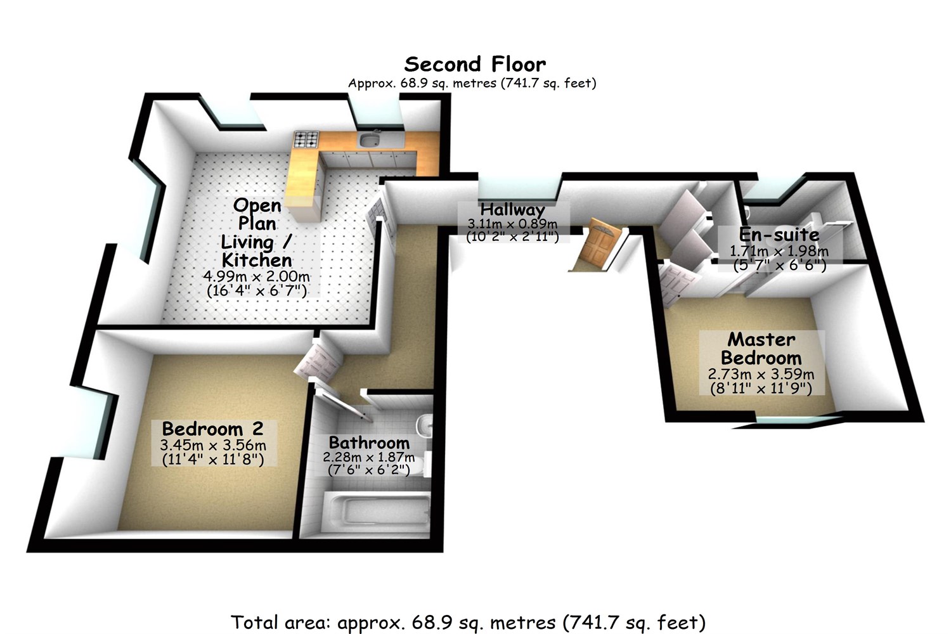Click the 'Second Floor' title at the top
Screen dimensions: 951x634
tap(475, 64)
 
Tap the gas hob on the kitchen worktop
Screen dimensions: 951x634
tap(306, 139)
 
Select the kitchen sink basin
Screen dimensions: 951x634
tap(368, 139)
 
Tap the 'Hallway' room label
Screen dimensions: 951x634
tap(512, 210)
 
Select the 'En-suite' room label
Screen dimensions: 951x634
tap(779, 234)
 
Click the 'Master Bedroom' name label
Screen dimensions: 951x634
tap(761, 348)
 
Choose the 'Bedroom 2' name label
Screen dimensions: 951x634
tap(212, 429)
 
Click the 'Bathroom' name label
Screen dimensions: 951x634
tap(369, 443)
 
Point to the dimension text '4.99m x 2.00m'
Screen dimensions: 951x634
tap(257, 277)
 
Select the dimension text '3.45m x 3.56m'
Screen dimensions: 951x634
tap(213, 445)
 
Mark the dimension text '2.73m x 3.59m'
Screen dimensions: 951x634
tap(761, 374)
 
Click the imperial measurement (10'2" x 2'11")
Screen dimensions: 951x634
tap(512, 237)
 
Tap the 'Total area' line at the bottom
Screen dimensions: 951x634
tap(468, 622)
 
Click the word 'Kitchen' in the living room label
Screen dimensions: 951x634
tap(257, 259)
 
